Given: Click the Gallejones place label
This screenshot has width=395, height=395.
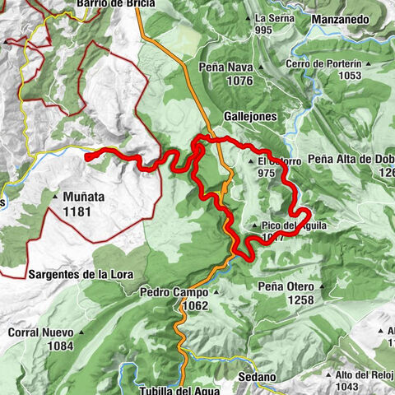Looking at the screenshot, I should [250, 117].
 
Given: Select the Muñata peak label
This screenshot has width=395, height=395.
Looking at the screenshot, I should [85, 197].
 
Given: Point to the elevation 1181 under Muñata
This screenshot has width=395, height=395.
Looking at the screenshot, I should [85, 211].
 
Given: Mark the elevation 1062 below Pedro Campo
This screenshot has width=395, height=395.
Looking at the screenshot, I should [194, 305].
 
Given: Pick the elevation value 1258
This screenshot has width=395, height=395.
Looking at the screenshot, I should [300, 300].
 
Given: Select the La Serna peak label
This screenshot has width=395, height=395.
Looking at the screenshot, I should [274, 18].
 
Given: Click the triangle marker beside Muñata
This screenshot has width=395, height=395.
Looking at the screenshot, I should [54, 197].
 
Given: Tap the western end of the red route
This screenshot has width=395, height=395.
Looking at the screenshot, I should [87, 152].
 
